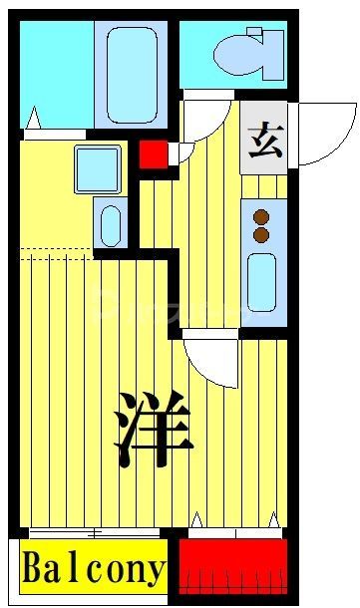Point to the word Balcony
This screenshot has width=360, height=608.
tap(93, 569)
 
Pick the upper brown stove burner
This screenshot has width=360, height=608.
tap(262, 216)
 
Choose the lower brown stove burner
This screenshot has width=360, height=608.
tap(262, 234)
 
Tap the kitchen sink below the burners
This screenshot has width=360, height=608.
tap(262, 281)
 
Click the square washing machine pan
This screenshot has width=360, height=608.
tap(98, 168)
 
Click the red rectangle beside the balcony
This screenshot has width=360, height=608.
tap(232, 567)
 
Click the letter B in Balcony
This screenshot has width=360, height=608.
tap(32, 569)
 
